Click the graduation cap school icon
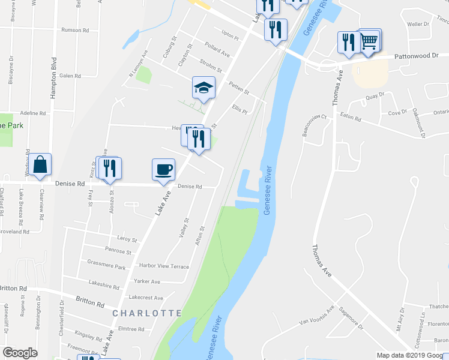pyautogui.click(x=203, y=87)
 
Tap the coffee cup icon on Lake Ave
pyautogui.click(x=163, y=169)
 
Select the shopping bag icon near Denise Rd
pyautogui.click(x=40, y=164)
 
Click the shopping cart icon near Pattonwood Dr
pyautogui.click(x=370, y=40)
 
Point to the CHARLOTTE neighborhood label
pyautogui.click(x=146, y=313)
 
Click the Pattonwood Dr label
pyautogui.click(x=417, y=55)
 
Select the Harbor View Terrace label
pyautogui.click(x=164, y=266)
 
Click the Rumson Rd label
pyautogui.click(x=75, y=29)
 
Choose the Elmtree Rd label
pyautogui.click(x=132, y=329)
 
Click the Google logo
pyautogui.click(x=20, y=353)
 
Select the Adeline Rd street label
pyautogui.click(x=33, y=113)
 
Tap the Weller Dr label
pyautogui.click(x=418, y=25)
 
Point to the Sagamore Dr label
pyautogui.click(x=351, y=319)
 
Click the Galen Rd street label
pyautogui.click(x=70, y=76)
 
